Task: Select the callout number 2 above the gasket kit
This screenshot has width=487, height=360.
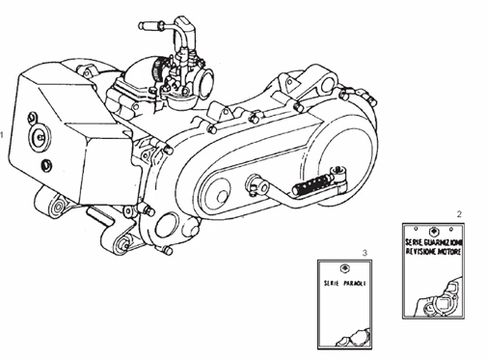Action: [459, 212]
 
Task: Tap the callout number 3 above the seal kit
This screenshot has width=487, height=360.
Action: [365, 252]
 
